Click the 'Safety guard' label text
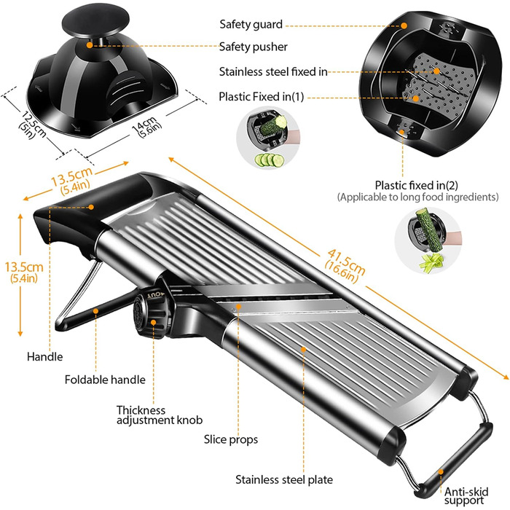tap(251, 24)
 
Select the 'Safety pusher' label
tap(253, 47)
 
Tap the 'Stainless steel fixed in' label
tap(273, 71)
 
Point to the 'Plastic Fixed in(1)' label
tap(261, 97)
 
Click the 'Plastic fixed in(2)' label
tap(416, 185)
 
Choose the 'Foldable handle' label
tap(105, 380)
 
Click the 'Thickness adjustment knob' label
tap(160, 415)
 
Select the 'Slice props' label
tap(231, 439)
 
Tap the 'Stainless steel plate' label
tap(284, 479)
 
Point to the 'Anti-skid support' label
tap(466, 495)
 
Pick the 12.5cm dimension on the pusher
tap(33, 125)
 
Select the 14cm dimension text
tap(146, 127)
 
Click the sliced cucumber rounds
tap(270, 160)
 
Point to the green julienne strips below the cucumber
tap(431, 261)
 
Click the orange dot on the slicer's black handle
tap(91, 207)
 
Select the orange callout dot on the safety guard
tap(404, 25)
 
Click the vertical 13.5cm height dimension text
tap(23, 272)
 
